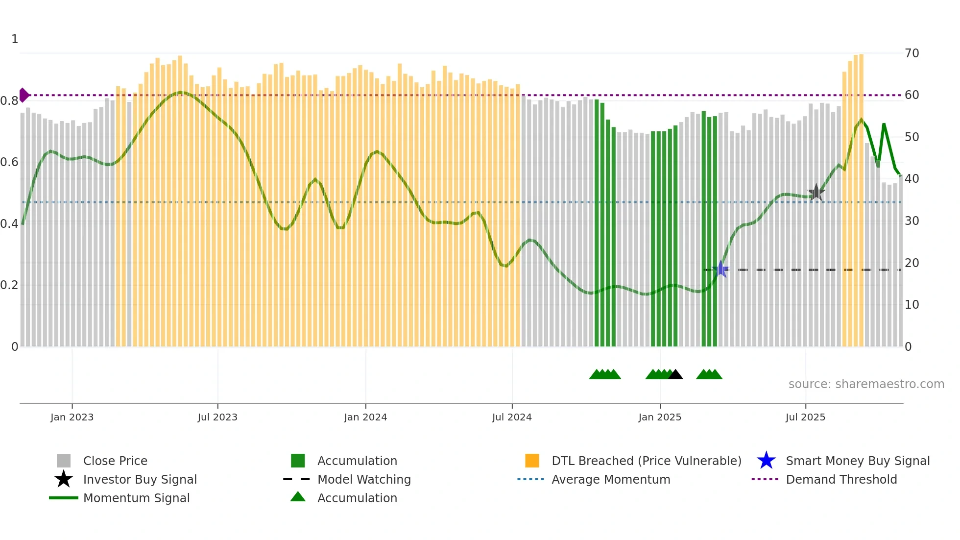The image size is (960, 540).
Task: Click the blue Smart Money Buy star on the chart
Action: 720,270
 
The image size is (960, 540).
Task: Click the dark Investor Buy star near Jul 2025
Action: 816,193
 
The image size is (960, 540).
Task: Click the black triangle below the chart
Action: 675,375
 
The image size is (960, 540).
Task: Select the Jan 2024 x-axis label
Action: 365,417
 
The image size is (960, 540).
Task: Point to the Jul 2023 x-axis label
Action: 217,417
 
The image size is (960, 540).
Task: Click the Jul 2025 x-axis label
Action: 805,417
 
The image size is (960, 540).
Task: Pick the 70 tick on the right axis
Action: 912,53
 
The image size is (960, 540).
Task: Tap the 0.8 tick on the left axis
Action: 9,101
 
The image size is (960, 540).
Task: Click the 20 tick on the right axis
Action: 912,263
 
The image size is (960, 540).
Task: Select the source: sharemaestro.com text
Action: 866,384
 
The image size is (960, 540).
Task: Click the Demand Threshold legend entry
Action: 841,479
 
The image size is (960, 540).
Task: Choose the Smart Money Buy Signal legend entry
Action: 857,461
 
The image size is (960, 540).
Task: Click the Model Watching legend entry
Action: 363,479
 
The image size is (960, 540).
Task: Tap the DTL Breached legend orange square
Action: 532,461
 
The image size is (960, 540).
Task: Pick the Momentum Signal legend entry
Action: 136,498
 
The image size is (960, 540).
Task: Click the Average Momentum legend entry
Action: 610,479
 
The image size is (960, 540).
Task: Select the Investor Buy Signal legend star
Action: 64,479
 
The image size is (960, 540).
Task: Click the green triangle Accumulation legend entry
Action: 357,498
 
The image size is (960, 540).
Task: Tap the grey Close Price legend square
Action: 64,461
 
